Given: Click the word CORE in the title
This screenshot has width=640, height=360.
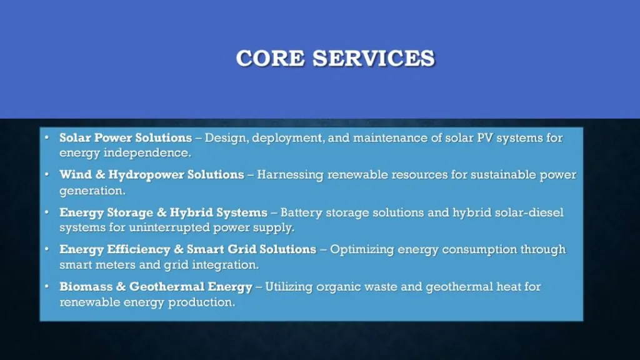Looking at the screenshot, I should tap(271, 58).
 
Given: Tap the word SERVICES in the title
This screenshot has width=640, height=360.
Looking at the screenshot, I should tap(374, 58).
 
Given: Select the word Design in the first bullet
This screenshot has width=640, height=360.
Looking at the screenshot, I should tap(225, 137).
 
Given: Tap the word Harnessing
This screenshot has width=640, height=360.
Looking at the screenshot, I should tap(291, 175).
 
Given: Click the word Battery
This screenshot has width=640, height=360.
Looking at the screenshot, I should tap(301, 212).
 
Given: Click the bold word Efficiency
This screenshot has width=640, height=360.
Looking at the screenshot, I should tap(138, 249).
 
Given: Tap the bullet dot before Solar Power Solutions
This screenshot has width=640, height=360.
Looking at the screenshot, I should tap(47, 137).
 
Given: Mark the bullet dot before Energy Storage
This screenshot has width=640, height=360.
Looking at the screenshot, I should tap(47, 212).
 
